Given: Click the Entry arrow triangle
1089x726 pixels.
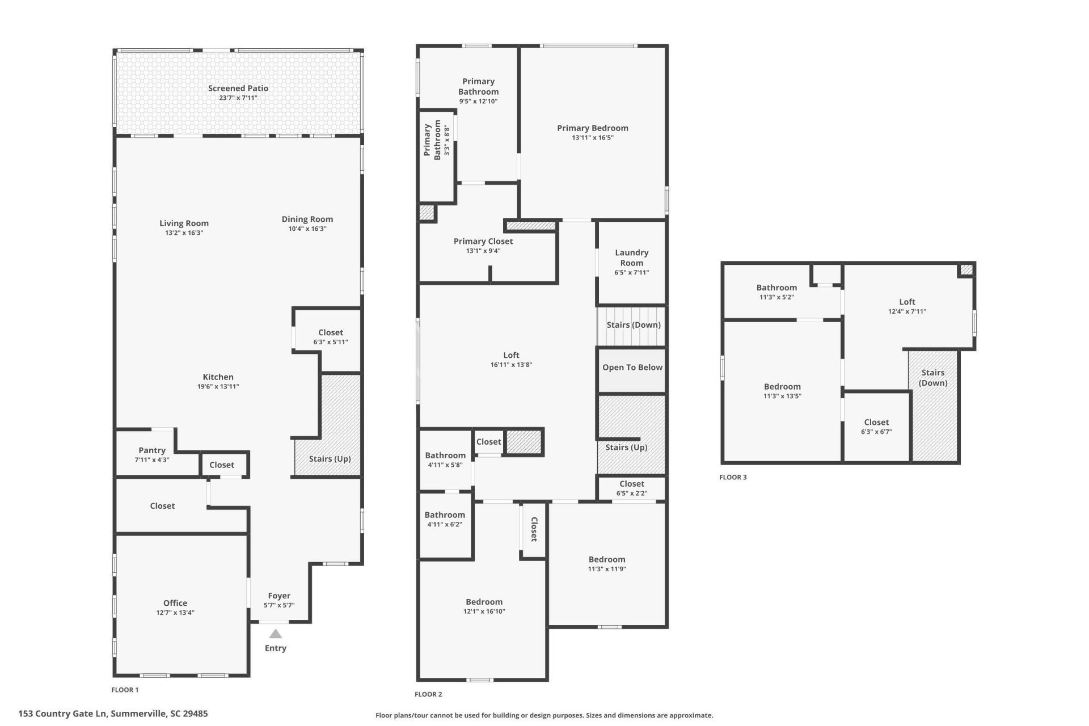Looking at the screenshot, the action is (x=275, y=634).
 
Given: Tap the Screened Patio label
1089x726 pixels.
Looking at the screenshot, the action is (x=238, y=88).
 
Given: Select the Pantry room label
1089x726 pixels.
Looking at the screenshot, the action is (x=152, y=450).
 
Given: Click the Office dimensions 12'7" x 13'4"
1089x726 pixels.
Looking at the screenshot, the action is (x=175, y=613).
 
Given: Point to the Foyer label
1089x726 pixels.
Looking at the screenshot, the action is (x=279, y=596).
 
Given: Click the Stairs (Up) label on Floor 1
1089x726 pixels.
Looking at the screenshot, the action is (x=330, y=459).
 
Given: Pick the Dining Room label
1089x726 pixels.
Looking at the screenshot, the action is (x=307, y=219).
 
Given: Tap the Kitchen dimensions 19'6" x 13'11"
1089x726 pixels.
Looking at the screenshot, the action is (x=218, y=387).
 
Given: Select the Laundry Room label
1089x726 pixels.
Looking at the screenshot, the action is (x=632, y=258).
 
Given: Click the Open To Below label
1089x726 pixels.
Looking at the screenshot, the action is (x=632, y=367).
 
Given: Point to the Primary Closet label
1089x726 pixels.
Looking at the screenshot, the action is (x=483, y=241).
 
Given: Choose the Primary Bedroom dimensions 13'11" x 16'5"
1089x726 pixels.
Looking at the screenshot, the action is (x=593, y=137).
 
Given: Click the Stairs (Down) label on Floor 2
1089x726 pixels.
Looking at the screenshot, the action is (x=634, y=325).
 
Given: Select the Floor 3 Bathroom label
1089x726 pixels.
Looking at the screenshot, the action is (x=776, y=288).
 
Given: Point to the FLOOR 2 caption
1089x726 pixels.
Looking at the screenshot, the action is (x=428, y=694).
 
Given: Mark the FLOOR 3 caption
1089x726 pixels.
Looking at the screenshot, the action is (x=733, y=477).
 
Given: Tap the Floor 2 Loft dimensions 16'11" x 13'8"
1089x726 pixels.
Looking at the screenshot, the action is (x=511, y=365).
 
